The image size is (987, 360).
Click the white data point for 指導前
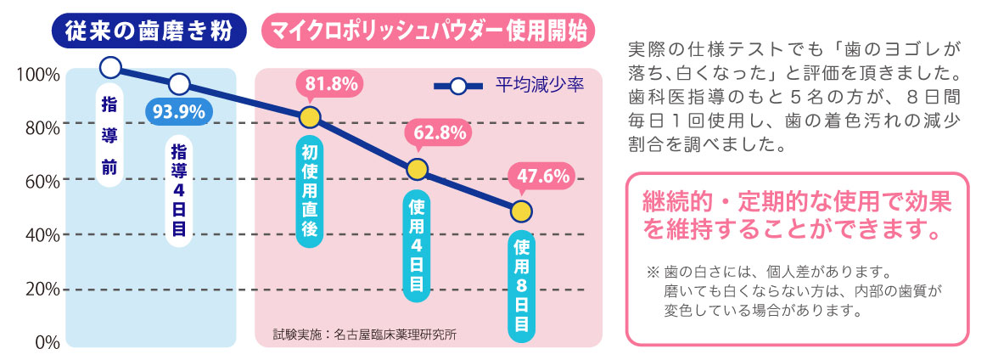click(x=110, y=67)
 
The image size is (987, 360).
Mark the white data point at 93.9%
click(x=179, y=84)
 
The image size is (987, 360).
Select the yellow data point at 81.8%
click(x=310, y=117)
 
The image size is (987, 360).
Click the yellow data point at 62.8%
click(x=416, y=169)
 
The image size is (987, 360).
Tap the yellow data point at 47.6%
click(x=521, y=211)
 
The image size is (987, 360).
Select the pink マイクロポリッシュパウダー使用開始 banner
click(x=429, y=31)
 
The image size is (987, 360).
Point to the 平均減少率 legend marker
click(x=457, y=86)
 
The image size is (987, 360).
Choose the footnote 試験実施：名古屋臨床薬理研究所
click(x=365, y=334)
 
